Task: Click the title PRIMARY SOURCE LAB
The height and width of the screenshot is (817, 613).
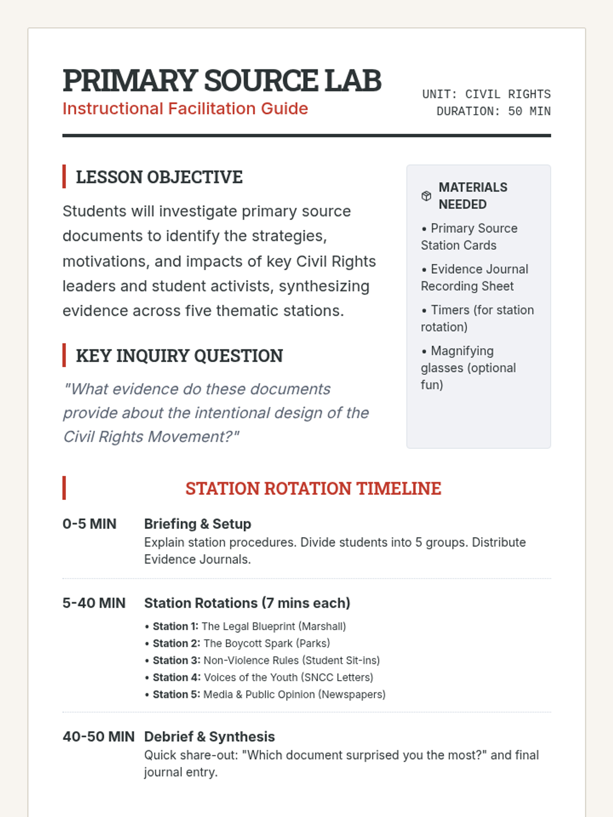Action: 222,81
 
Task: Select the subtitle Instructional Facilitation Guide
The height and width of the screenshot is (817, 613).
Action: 185,109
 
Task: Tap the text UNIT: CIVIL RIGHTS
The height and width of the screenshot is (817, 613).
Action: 486,94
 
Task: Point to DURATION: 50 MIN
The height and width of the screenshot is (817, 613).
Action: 493,111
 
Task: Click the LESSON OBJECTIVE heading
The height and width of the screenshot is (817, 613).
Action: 159,177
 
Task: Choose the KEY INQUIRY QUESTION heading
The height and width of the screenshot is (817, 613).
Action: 179,356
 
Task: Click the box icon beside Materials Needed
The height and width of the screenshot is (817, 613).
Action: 427,196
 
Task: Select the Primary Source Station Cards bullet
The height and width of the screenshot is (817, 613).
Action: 469,237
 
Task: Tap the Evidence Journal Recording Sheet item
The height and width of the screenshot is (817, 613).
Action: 474,278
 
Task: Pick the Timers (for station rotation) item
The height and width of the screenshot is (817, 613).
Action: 477,319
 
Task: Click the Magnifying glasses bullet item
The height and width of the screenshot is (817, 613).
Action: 468,368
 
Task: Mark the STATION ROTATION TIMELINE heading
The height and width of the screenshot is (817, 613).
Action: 313,489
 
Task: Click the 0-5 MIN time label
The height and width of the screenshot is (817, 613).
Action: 89,524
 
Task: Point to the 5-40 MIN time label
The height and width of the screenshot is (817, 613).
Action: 94,603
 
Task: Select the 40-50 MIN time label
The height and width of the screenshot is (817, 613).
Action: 99,737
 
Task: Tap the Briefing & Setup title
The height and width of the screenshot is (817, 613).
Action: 197,524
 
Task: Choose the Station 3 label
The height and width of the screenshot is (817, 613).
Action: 176,661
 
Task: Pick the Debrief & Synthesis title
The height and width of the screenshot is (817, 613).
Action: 209,737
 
